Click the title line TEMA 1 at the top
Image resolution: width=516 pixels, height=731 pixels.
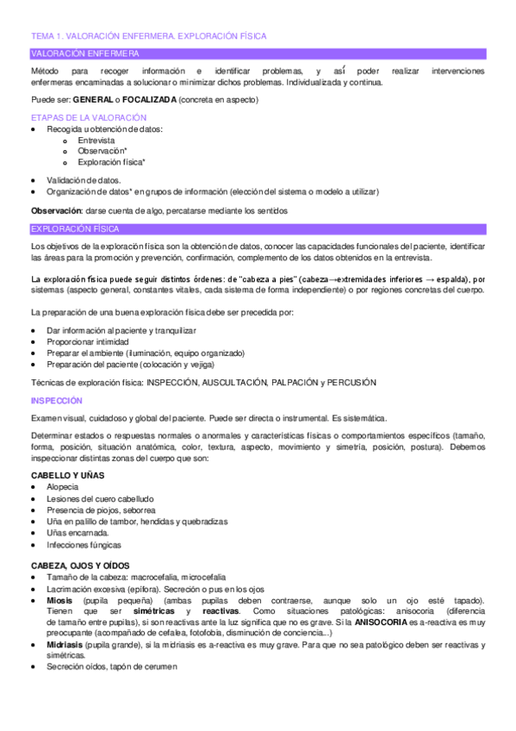[x=148, y=36]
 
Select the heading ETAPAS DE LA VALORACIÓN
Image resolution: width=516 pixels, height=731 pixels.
[x=89, y=117]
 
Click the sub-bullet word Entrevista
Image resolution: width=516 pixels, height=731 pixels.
[x=96, y=140]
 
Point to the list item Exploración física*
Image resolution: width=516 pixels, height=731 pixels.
[x=111, y=161]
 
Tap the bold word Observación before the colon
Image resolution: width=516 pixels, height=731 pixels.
[x=57, y=211]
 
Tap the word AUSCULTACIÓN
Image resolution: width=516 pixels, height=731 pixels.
[x=226, y=382]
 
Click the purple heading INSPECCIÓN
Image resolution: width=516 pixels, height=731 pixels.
[x=57, y=401]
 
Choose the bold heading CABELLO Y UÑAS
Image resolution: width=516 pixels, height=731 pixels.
[x=69, y=475]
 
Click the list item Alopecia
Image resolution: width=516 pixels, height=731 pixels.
[x=62, y=487]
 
